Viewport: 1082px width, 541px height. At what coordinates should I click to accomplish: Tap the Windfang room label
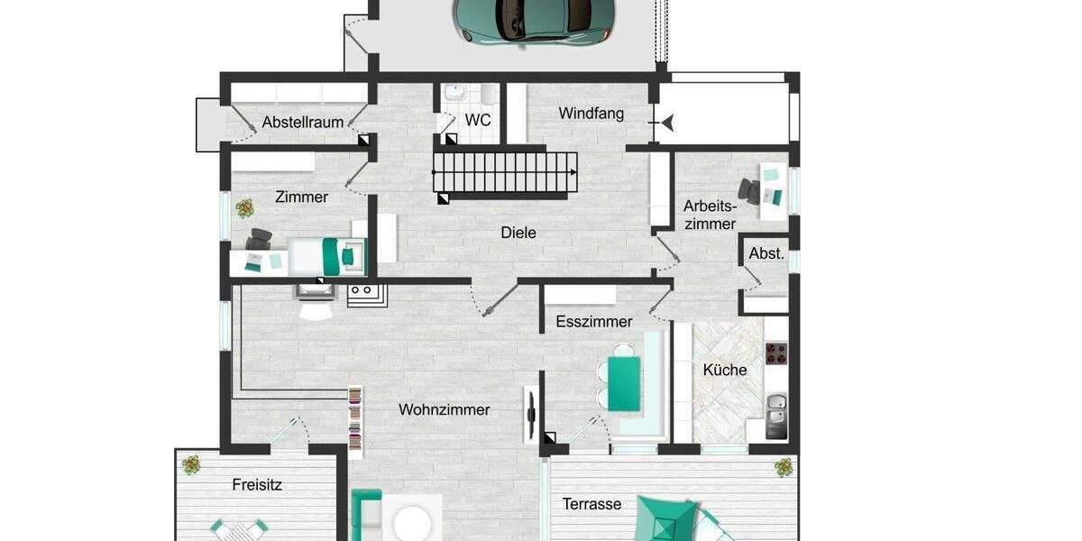pyautogui.click(x=591, y=114)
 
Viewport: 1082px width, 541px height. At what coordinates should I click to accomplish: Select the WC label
pyautogui.click(x=478, y=120)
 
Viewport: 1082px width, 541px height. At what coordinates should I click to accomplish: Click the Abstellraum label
pyautogui.click(x=303, y=122)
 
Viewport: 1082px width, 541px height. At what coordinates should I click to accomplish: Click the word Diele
pyautogui.click(x=518, y=233)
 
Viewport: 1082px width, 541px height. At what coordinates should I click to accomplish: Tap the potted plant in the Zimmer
pyautogui.click(x=244, y=209)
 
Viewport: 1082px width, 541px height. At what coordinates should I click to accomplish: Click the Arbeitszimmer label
pyautogui.click(x=710, y=214)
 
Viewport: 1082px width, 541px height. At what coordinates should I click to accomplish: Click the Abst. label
pyautogui.click(x=766, y=254)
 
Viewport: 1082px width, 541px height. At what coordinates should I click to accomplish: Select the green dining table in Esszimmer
pyautogui.click(x=624, y=382)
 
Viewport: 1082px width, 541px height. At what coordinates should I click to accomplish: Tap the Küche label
pyautogui.click(x=725, y=370)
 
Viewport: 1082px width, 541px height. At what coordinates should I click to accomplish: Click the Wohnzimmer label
pyautogui.click(x=445, y=409)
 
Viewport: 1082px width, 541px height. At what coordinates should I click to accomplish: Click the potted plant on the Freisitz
pyautogui.click(x=192, y=465)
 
